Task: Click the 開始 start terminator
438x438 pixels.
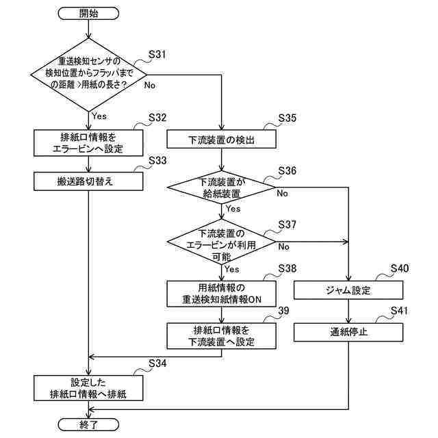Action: (x=88, y=14)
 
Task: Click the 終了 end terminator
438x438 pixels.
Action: (x=88, y=424)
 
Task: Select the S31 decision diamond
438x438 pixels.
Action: (x=88, y=75)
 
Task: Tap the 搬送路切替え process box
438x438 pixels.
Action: (x=88, y=181)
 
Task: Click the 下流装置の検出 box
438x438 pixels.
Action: (x=222, y=139)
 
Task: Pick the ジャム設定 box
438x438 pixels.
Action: (x=348, y=290)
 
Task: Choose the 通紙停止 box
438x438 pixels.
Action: (x=348, y=332)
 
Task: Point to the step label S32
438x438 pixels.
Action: (x=157, y=118)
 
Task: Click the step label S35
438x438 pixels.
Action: (x=287, y=118)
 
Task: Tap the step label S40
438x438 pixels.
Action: (x=400, y=268)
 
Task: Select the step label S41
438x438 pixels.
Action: (x=399, y=310)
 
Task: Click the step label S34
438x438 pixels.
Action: (x=157, y=363)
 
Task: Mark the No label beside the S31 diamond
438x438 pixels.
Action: (x=150, y=85)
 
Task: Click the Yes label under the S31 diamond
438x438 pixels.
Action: (x=99, y=116)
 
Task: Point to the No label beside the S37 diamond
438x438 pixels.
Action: (x=283, y=246)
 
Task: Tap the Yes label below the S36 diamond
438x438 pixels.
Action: (x=233, y=209)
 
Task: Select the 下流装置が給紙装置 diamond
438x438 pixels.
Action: (x=221, y=187)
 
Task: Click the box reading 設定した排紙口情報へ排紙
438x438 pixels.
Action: (x=88, y=388)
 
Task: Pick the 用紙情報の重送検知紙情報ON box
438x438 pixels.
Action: (x=222, y=294)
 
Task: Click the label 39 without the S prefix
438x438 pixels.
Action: (x=284, y=311)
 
